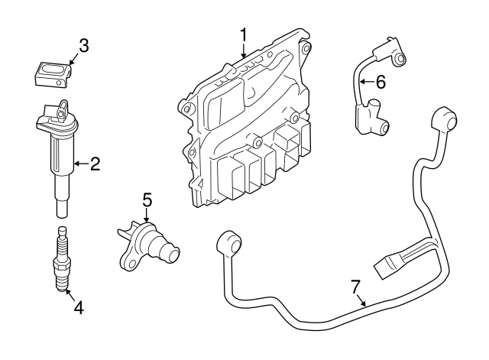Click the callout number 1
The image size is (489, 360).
pyautogui.click(x=244, y=34)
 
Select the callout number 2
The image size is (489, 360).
pyautogui.click(x=95, y=163)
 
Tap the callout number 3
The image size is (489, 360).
pyautogui.click(x=84, y=46)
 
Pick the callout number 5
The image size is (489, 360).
pyautogui.click(x=147, y=200)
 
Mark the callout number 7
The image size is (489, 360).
pyautogui.click(x=355, y=287)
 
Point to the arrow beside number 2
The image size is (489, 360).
pyautogui.click(x=80, y=163)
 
